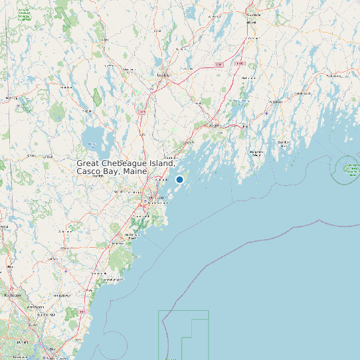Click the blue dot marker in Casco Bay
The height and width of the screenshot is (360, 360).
point(179,179)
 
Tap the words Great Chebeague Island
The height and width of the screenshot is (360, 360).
point(125,163)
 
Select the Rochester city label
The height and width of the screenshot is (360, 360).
point(13,295)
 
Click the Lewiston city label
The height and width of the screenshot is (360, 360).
point(163,75)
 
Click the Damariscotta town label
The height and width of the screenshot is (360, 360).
point(275,102)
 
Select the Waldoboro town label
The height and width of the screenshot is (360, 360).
point(302,94)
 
